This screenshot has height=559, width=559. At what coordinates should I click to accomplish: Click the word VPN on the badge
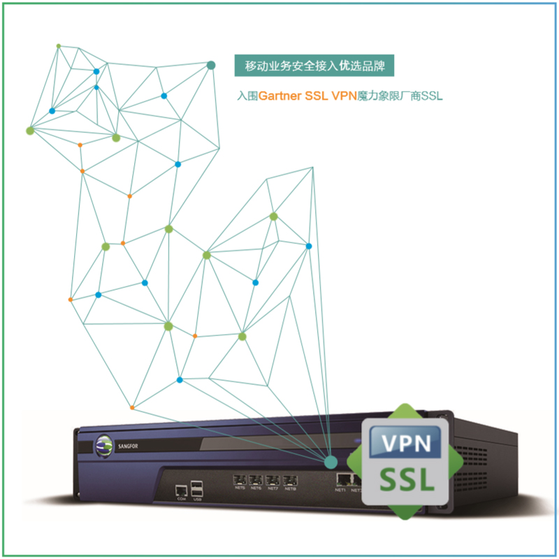click(405, 442)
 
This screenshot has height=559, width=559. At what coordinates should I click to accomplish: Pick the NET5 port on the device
click(240, 480)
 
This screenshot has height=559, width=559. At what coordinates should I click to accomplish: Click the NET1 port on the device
click(342, 479)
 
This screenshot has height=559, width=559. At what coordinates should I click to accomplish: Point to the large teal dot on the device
click(330, 461)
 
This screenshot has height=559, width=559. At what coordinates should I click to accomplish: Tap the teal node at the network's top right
click(210, 65)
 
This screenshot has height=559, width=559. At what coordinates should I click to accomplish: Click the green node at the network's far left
click(30, 130)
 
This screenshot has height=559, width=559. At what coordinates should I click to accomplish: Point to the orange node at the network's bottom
click(132, 407)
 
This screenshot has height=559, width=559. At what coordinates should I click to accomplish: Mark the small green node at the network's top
click(59, 46)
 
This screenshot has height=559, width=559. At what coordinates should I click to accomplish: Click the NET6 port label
click(256, 489)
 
